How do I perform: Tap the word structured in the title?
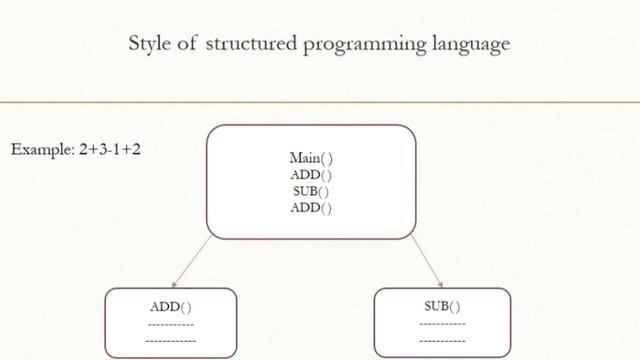point(250,44)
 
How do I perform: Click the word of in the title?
point(191,44)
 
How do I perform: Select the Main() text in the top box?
point(311,158)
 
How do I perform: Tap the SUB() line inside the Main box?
point(311,191)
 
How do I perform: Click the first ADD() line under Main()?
point(311,174)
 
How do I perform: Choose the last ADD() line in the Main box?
point(311,208)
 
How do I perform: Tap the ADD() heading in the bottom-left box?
point(171,307)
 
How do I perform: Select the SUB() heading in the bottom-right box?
point(442,306)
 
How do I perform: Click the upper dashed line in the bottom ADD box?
point(171,324)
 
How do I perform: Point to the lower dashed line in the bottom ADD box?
point(171,341)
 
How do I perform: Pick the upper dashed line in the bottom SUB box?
point(442,324)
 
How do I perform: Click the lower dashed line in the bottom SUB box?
point(442,341)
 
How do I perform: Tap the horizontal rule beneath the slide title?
point(320,102)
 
